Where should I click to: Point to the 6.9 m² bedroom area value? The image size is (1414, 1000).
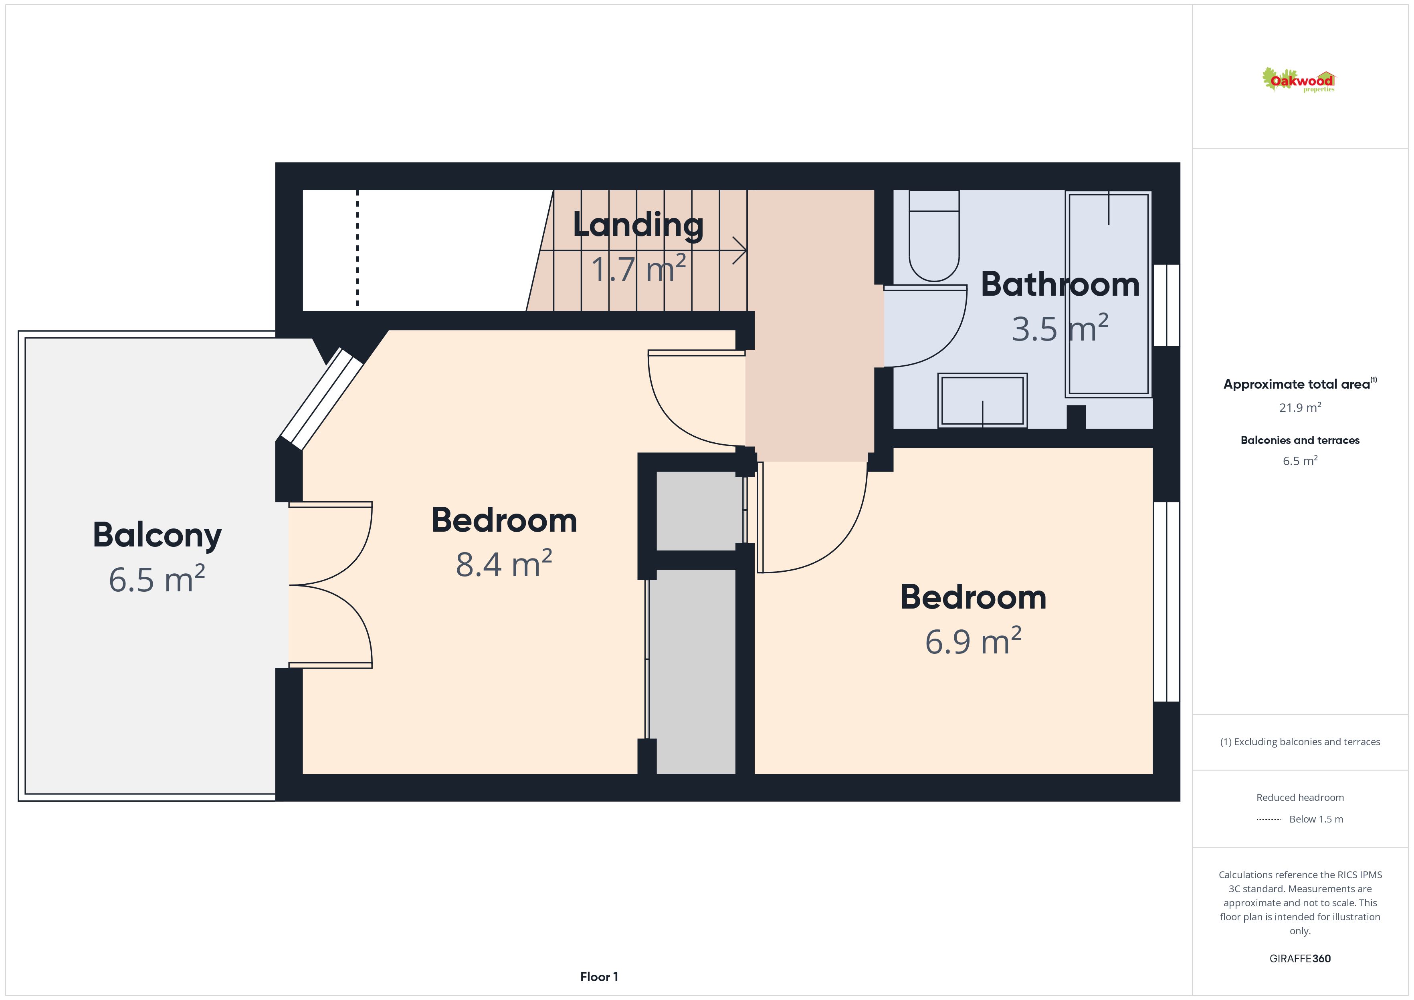[x=973, y=641]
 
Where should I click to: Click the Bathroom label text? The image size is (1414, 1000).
[x=1060, y=284]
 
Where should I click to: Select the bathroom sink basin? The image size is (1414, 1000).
[x=982, y=400]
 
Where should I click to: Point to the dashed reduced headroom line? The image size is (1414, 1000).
[x=357, y=248]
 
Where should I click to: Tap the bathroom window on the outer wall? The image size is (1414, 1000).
[x=1166, y=305]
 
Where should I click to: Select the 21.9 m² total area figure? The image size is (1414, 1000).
[x=1300, y=407]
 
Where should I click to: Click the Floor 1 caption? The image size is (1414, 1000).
[x=599, y=977]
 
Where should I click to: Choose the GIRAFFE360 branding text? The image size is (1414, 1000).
[x=1300, y=959]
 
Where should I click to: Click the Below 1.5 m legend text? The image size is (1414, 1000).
[x=1316, y=819]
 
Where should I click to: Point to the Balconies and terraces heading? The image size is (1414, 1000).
[x=1300, y=440]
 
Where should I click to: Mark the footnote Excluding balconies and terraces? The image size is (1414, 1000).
[x=1300, y=742]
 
